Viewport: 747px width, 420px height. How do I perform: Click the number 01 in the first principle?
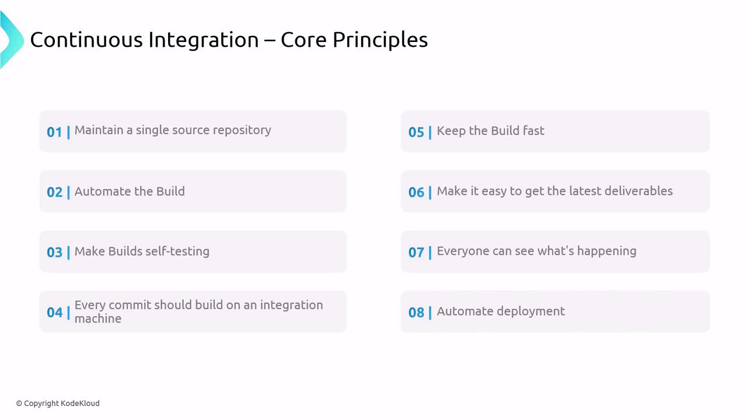(x=54, y=132)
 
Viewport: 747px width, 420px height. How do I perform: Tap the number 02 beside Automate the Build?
(x=54, y=192)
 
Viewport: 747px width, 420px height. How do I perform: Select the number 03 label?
(x=54, y=253)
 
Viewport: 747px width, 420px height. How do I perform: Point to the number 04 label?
(x=54, y=312)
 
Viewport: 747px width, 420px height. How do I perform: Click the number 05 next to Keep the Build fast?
(x=416, y=132)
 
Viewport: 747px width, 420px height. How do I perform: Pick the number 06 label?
(x=416, y=192)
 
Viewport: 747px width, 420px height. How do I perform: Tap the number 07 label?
(x=416, y=253)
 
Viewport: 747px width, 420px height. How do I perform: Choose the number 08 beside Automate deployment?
(x=416, y=312)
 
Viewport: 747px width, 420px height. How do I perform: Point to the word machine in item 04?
(x=98, y=318)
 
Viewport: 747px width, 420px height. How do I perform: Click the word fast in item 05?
(x=533, y=131)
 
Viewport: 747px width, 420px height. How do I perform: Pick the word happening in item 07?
(x=606, y=251)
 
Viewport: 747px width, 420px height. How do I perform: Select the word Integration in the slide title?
(x=204, y=40)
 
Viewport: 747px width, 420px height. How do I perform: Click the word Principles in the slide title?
(x=380, y=41)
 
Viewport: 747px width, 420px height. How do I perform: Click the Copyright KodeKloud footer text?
(x=58, y=403)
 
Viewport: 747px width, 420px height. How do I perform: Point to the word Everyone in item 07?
(x=463, y=251)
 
